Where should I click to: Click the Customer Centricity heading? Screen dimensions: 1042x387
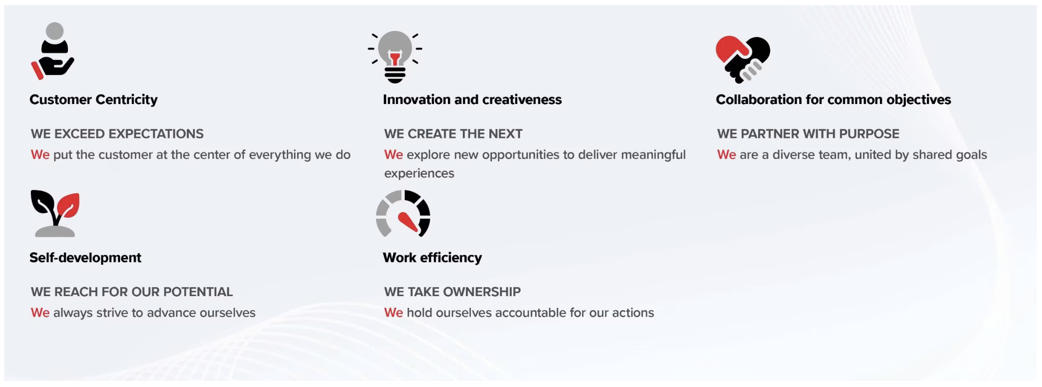click(x=94, y=100)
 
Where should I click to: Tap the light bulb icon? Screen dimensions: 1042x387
click(x=395, y=57)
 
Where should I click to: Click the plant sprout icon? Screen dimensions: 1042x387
click(x=55, y=213)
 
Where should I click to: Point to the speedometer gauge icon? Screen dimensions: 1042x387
click(x=403, y=213)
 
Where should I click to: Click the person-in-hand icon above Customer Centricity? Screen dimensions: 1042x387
click(x=53, y=51)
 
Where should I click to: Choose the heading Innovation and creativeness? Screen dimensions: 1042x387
click(x=472, y=100)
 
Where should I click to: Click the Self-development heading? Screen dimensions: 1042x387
click(x=85, y=258)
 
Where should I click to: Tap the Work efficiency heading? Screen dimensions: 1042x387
click(x=432, y=258)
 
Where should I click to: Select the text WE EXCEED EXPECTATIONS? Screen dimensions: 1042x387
click(x=117, y=134)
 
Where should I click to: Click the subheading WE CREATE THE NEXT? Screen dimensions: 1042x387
click(x=453, y=134)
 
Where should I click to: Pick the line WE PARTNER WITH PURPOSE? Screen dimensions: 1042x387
click(x=808, y=134)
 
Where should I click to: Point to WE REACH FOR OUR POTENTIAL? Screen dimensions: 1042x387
click(x=132, y=292)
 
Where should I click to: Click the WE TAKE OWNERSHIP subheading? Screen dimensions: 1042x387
click(x=452, y=292)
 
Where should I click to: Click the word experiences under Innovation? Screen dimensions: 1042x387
click(x=419, y=174)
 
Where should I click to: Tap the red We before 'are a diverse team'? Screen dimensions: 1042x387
click(x=727, y=155)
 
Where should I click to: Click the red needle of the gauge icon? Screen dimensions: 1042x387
click(x=408, y=222)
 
